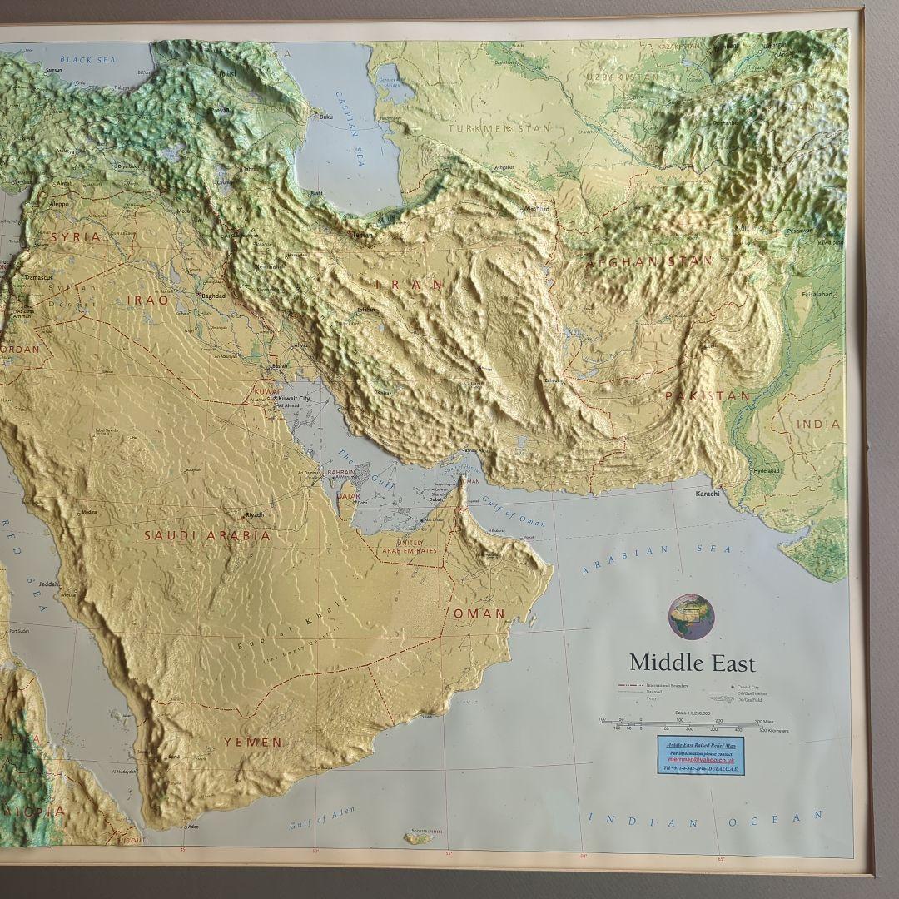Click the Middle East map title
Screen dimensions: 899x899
[692, 663]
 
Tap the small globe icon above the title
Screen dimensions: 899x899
[691, 617]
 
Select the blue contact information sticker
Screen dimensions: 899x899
[701, 754]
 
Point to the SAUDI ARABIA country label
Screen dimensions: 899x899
[207, 536]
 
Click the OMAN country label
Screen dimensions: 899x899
[479, 613]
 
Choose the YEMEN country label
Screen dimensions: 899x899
[252, 741]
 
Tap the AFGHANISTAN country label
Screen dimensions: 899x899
[649, 261]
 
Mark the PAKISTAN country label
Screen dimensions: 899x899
[708, 396]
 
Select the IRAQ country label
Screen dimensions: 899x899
[147, 299]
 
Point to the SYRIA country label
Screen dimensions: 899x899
[76, 237]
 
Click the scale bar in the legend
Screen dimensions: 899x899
[691, 722]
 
